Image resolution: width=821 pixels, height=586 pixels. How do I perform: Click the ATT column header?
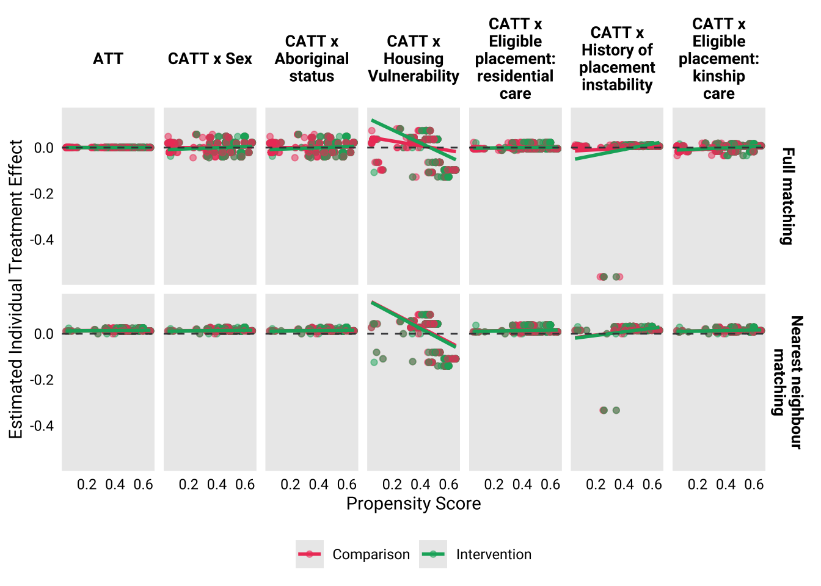point(108,59)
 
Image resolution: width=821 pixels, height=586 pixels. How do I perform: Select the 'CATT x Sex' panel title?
point(210,59)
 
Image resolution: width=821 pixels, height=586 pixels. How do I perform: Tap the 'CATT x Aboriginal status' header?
point(312,59)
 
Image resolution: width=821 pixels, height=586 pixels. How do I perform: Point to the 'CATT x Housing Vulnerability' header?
point(414,59)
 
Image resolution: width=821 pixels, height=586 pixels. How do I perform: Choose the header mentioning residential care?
point(515,59)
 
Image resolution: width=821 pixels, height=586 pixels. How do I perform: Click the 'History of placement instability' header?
point(617,59)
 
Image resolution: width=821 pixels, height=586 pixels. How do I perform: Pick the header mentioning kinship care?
point(718,59)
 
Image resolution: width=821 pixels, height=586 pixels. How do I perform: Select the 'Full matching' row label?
point(788,196)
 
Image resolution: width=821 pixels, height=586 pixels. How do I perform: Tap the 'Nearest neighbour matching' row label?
point(787,382)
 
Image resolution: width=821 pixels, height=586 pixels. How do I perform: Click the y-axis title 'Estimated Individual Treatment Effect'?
point(16,289)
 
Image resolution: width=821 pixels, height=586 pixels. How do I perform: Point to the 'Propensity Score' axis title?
point(414,504)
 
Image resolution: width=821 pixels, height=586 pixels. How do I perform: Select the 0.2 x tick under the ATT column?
point(87,485)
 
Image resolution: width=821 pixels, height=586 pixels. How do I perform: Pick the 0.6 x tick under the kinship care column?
point(754,485)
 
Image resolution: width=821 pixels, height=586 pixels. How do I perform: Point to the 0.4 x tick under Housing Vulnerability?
point(420,485)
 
